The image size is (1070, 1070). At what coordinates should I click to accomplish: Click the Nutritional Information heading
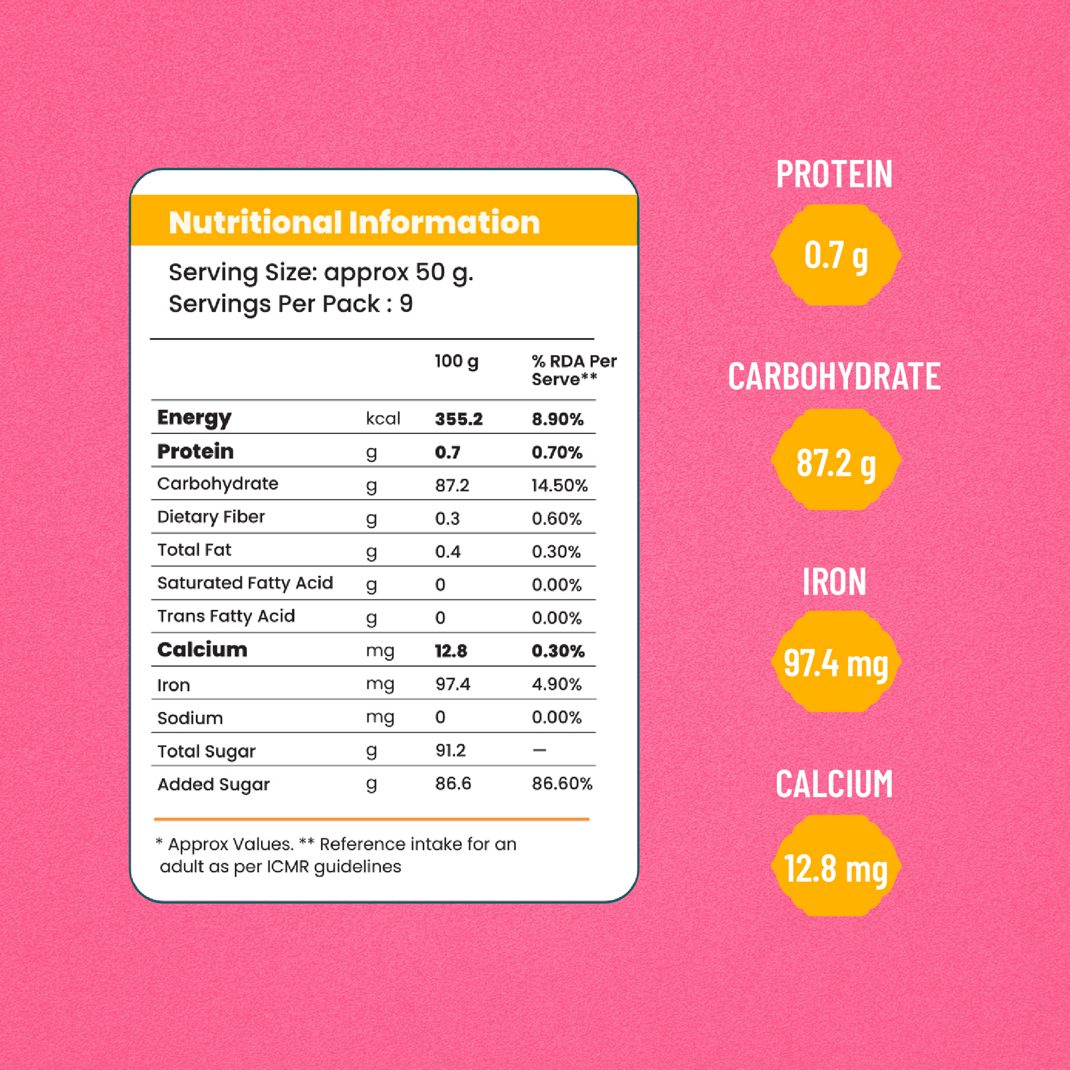coord(354,223)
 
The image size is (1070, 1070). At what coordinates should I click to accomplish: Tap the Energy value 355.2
coord(459,419)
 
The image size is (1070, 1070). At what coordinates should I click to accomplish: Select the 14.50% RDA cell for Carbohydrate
coord(559,486)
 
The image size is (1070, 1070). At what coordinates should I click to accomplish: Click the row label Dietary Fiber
coord(211,517)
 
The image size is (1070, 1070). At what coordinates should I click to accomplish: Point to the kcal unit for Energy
coord(383,418)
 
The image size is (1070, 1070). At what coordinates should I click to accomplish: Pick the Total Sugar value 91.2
coord(450,751)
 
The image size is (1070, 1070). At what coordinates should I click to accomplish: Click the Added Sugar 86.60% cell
coord(561,784)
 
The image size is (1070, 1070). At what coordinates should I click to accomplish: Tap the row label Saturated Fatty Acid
coord(245,583)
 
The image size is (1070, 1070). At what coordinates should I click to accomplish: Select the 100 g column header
coord(456,362)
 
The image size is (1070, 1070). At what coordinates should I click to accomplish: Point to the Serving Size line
coord(321,273)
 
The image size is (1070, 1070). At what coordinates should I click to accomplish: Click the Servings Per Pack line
coord(291,304)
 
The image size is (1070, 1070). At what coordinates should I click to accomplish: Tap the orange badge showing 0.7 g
coord(836,255)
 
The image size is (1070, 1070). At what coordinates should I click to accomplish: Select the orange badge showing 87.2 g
coord(836,460)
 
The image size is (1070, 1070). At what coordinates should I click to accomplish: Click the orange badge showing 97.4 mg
coord(836,663)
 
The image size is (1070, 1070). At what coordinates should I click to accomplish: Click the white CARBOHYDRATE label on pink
coord(834,377)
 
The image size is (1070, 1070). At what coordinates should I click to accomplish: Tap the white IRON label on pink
coord(834,582)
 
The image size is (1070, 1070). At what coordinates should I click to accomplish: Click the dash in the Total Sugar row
coord(539,751)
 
